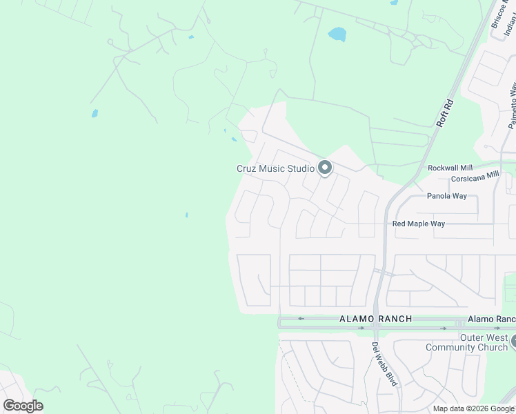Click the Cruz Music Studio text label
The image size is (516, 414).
[275, 168]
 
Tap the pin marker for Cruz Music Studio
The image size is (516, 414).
[325, 168]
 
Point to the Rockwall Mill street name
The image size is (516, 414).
[450, 168]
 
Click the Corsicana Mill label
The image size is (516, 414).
[475, 177]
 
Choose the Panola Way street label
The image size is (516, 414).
[446, 196]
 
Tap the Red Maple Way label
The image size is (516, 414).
[418, 224]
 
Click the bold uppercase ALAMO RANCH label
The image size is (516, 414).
[375, 319]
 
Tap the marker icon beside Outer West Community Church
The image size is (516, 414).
[513, 339]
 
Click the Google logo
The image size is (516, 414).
[23, 406]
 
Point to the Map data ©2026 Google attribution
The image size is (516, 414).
[474, 408]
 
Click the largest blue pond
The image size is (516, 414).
[337, 34]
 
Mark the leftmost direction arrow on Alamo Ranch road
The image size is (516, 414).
[301, 318]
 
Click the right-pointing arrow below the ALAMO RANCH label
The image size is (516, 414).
[361, 328]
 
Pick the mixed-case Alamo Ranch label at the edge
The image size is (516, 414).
[491, 319]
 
